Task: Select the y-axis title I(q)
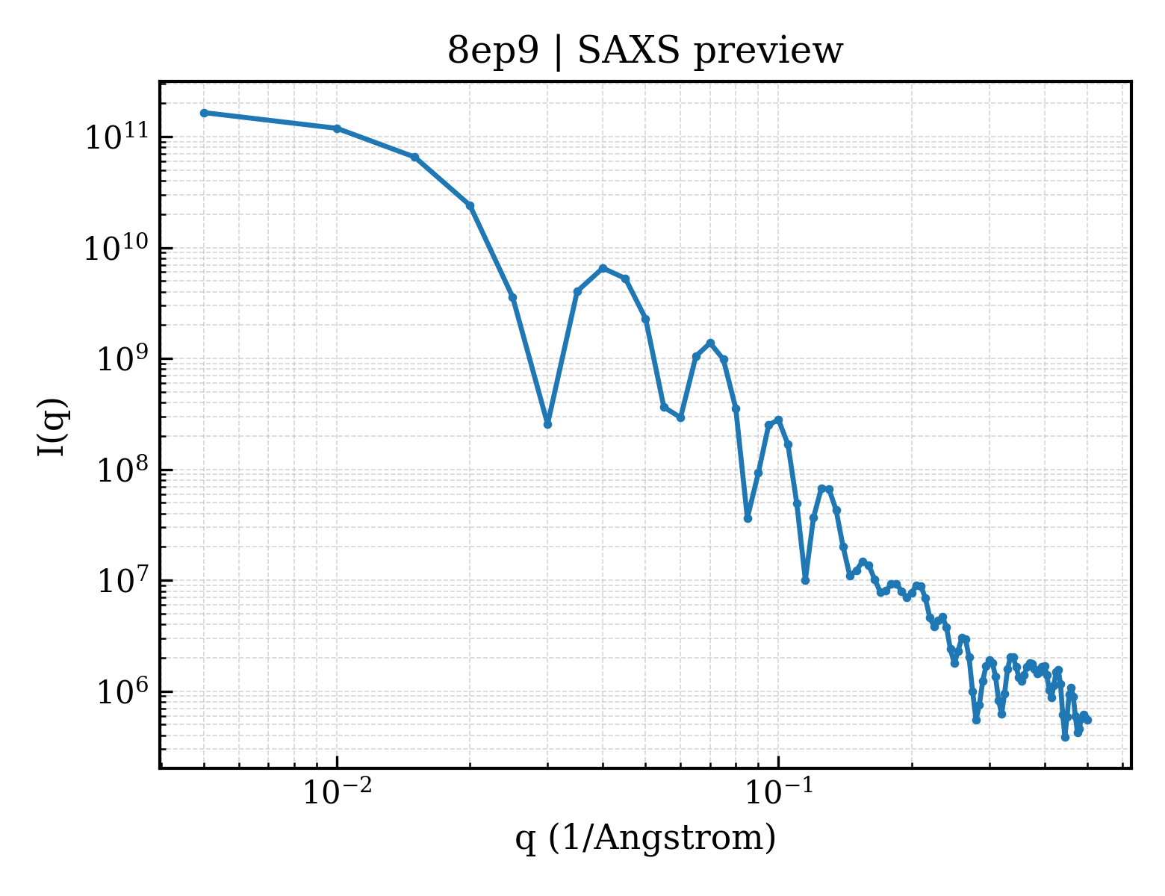click(52, 426)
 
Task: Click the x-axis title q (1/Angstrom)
click(645, 838)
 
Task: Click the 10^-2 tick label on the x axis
click(338, 791)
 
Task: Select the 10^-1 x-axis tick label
click(779, 791)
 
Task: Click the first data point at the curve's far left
click(205, 113)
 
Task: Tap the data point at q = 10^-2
click(338, 128)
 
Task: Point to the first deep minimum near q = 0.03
click(547, 424)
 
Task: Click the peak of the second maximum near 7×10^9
click(603, 268)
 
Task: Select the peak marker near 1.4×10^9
click(710, 343)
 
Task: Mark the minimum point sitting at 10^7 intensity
click(805, 580)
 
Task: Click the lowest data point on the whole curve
click(1065, 738)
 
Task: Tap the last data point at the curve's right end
click(1088, 721)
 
